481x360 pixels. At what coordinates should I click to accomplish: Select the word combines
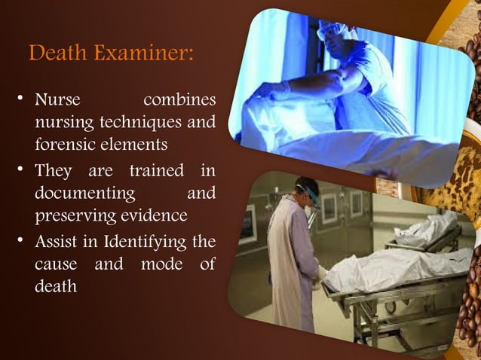pos(179,100)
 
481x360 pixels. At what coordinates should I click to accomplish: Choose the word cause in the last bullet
pos(57,265)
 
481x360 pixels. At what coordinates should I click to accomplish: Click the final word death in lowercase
pos(56,286)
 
